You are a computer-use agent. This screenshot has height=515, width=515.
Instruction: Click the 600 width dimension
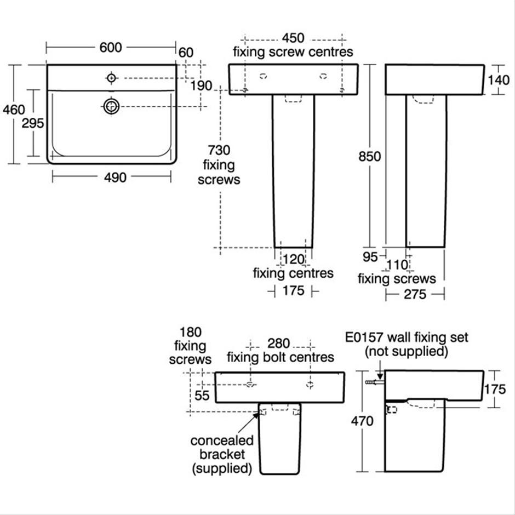click(x=111, y=48)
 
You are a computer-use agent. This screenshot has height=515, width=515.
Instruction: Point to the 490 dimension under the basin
click(x=112, y=177)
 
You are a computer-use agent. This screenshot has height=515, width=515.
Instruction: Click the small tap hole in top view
click(x=111, y=78)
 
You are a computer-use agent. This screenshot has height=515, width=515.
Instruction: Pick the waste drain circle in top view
click(x=111, y=106)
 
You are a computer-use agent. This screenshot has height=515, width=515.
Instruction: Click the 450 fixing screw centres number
click(x=293, y=38)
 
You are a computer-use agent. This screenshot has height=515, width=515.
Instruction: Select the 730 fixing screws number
click(x=219, y=150)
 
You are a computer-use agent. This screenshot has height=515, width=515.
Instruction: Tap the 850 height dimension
click(x=369, y=156)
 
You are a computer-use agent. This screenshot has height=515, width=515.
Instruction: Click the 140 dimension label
click(x=499, y=80)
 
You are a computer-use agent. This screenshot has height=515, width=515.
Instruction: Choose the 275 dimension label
click(x=415, y=295)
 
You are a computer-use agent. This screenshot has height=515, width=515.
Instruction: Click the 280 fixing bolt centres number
click(x=280, y=344)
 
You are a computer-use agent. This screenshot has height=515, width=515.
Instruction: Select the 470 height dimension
click(x=362, y=421)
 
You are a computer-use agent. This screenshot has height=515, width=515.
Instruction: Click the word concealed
click(x=222, y=440)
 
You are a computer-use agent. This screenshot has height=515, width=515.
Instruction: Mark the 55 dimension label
click(x=203, y=394)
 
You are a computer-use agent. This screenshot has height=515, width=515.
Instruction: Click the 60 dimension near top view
click(x=186, y=52)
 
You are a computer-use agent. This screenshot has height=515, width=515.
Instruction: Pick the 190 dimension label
click(x=202, y=86)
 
